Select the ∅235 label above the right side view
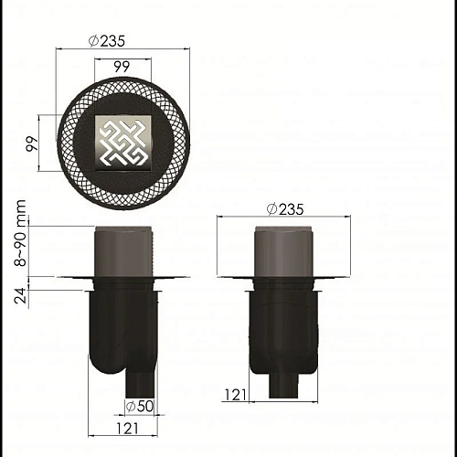285,209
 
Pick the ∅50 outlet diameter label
138,405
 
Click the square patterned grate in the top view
122,142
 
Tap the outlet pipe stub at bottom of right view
285,384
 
